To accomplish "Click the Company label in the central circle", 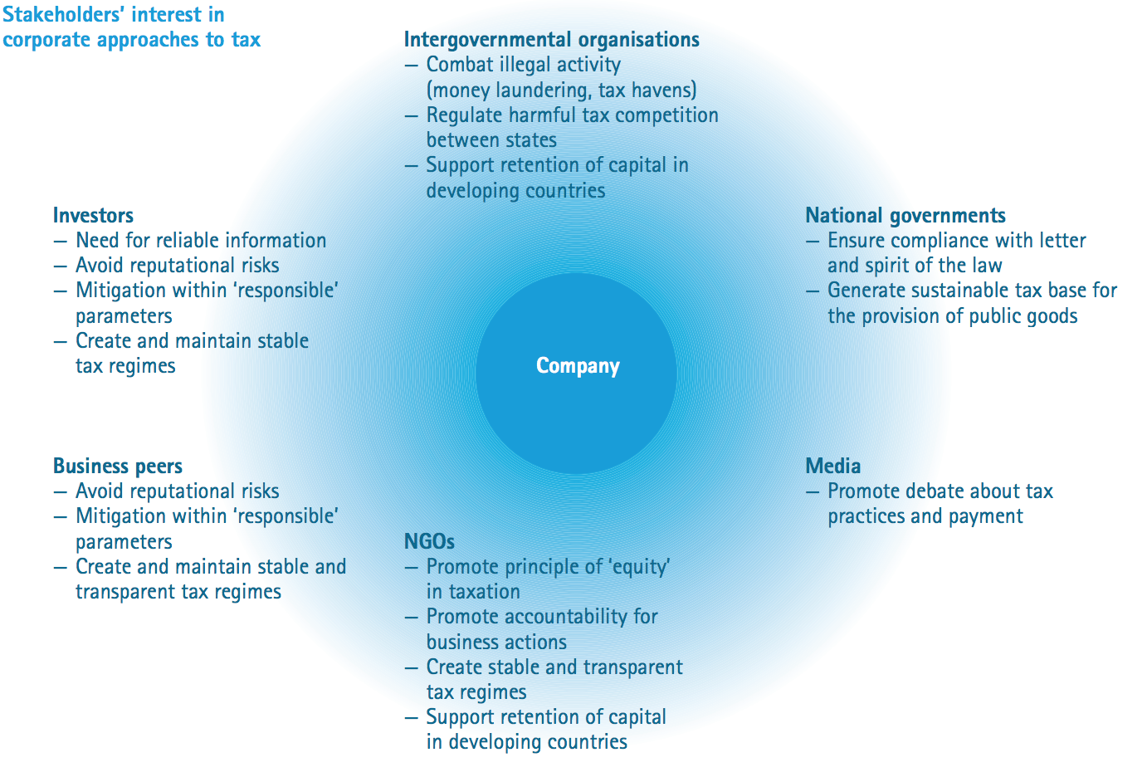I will click(x=578, y=366).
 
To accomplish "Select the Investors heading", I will click(x=93, y=216).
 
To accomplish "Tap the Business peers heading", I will click(x=118, y=467).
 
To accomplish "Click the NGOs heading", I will click(x=429, y=542).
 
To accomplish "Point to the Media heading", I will click(x=832, y=467).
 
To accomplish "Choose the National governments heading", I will click(x=905, y=216).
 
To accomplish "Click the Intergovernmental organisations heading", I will click(x=551, y=40).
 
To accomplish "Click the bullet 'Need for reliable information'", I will click(x=201, y=241).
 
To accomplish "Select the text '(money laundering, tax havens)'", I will click(x=561, y=90).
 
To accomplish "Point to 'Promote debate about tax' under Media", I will click(x=940, y=491).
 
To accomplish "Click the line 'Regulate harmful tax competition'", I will click(x=572, y=115).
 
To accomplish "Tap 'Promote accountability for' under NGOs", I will click(x=541, y=617).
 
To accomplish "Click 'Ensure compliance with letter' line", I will click(x=956, y=241).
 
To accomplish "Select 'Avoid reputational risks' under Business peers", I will click(x=177, y=491).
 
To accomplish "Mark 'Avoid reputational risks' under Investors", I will click(x=177, y=266).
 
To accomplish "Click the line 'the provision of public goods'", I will click(x=952, y=316).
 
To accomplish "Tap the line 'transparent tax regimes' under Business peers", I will click(x=178, y=592).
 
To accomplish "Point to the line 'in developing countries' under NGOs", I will click(x=526, y=742).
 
